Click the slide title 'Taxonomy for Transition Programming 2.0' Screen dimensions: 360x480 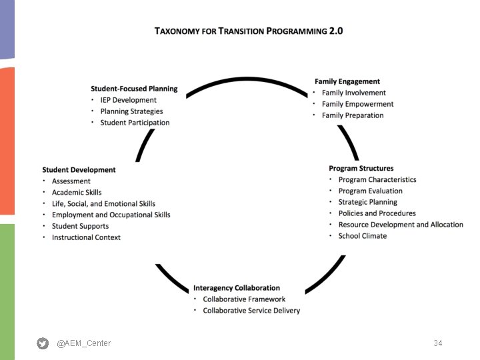[249, 31]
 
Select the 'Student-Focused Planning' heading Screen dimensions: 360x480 [134, 89]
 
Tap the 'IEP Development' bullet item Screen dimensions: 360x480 [128, 100]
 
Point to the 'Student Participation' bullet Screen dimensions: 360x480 [135, 123]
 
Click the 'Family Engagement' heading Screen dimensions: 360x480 [347, 81]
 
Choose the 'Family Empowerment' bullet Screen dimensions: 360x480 [357, 104]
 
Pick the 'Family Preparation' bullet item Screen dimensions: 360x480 [353, 115]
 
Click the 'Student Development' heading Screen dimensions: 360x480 [79, 170]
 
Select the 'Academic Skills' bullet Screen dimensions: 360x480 [77, 193]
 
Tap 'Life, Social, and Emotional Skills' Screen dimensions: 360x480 [103, 204]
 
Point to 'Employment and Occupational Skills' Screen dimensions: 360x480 [111, 215]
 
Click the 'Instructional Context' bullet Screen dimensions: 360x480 [86, 237]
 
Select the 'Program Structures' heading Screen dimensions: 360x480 [361, 169]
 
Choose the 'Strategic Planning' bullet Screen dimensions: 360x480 [367, 202]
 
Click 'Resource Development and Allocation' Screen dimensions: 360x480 [401, 225]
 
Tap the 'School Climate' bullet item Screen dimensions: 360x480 [362, 236]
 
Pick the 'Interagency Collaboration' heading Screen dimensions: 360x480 [237, 288]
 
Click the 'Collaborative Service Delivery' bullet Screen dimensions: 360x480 [251, 311]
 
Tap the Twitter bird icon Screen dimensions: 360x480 [43, 343]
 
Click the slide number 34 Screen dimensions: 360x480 [437, 343]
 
